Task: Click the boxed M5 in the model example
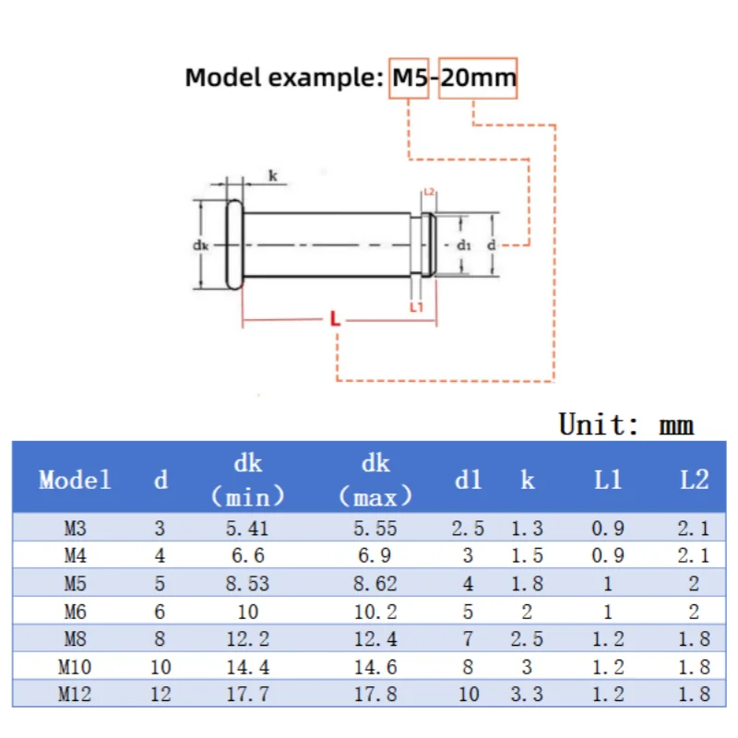click(409, 77)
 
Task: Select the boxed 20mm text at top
click(478, 77)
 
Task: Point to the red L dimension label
click(335, 318)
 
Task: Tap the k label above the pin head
click(273, 175)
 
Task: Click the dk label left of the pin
click(200, 245)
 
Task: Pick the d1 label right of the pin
click(464, 244)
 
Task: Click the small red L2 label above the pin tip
click(429, 192)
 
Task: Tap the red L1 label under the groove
click(417, 307)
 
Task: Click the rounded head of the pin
click(235, 244)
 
